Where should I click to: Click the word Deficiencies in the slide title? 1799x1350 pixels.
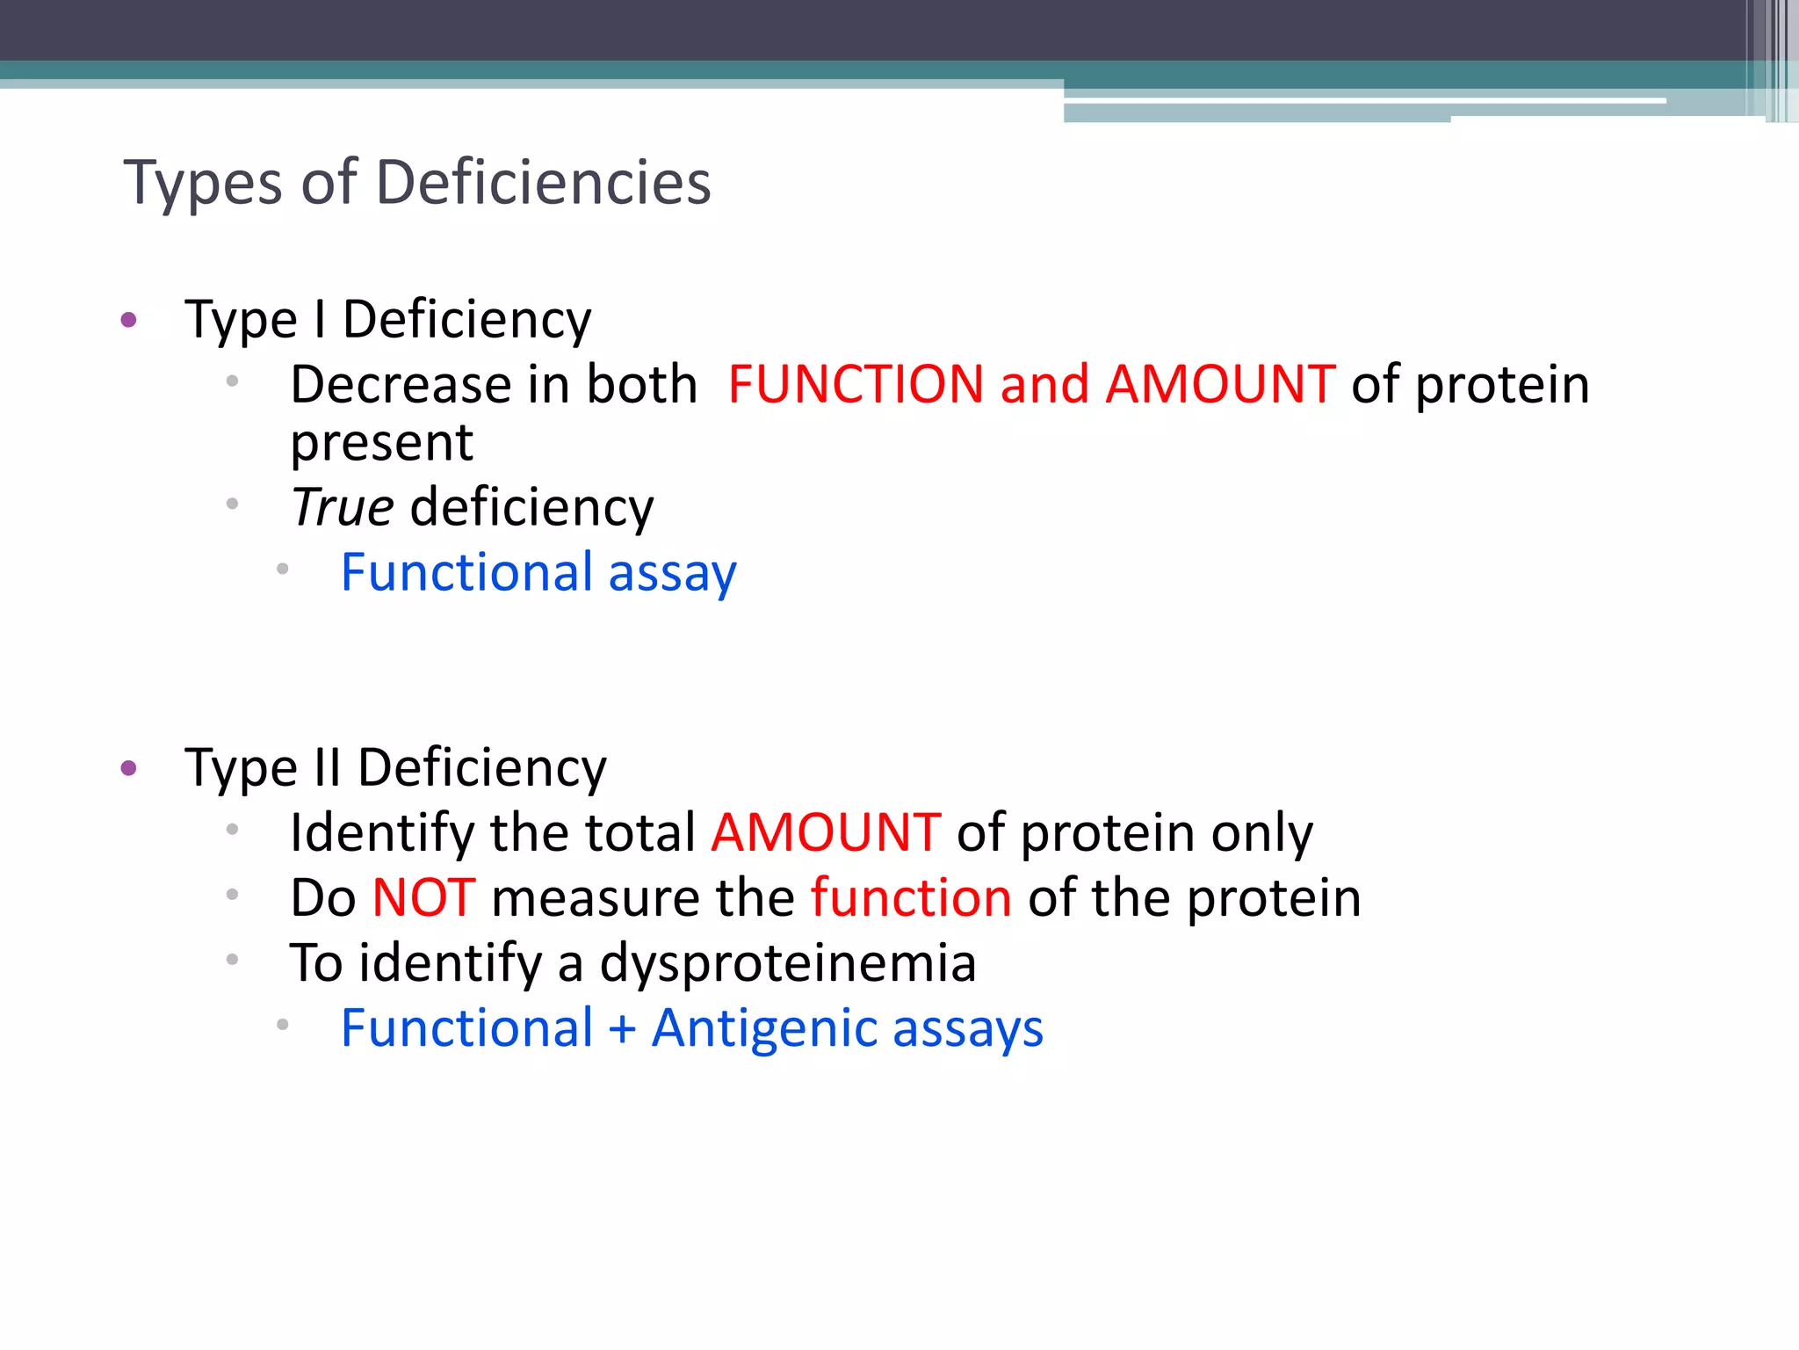pos(544,183)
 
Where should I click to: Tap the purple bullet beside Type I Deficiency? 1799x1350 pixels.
pos(129,320)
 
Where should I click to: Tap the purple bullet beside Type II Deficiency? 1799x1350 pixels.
pos(129,768)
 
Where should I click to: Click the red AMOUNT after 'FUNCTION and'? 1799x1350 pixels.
pos(1220,385)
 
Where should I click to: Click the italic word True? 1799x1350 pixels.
pos(343,507)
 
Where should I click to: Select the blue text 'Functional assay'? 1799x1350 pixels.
pos(538,573)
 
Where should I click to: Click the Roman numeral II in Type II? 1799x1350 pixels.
pos(327,767)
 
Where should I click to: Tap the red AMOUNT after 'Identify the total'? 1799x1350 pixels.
pos(826,832)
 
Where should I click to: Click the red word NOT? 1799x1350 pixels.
pos(423,897)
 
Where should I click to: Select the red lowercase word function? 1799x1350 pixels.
pos(911,897)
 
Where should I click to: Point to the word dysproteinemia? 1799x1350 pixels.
pos(788,963)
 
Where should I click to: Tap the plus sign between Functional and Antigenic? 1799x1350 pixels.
pos(622,1028)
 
